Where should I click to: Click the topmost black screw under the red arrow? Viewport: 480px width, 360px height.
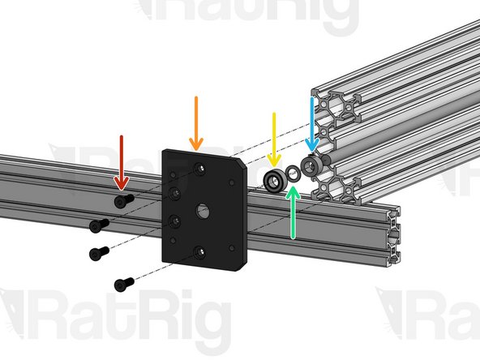click(123, 200)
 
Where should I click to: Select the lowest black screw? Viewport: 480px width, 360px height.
click(123, 284)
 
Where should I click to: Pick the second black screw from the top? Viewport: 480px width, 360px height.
click(98, 224)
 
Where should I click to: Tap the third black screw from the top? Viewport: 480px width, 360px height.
click(98, 253)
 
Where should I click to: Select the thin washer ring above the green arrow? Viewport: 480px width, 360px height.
click(294, 175)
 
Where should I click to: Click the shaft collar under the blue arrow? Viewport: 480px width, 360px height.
click(311, 166)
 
